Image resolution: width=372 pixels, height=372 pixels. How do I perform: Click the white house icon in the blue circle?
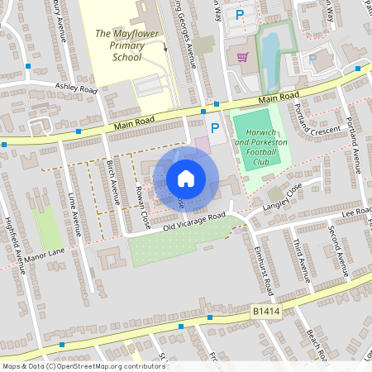(x=186, y=179)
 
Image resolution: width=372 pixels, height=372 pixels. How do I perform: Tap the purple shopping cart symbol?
(x=242, y=57)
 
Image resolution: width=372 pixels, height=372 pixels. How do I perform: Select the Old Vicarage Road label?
(x=194, y=222)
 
